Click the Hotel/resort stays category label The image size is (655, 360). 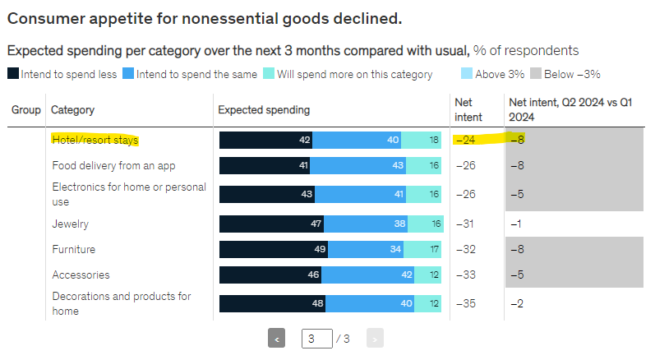click(x=95, y=141)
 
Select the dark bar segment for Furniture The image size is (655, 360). click(x=274, y=249)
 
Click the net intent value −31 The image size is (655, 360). click(x=467, y=224)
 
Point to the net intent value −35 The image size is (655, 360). click(x=467, y=303)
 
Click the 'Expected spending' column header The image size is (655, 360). click(x=264, y=110)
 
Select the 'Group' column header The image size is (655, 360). click(x=26, y=110)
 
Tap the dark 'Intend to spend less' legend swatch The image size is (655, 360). click(x=13, y=75)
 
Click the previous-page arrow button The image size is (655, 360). click(x=277, y=338)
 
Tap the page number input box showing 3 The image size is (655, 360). click(x=316, y=338)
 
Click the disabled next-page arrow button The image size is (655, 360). click(x=375, y=338)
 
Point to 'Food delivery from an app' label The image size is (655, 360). click(x=113, y=166)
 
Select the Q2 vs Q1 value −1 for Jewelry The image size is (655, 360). click(x=517, y=224)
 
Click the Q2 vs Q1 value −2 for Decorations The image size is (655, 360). click(x=517, y=303)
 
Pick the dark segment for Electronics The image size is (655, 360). click(x=266, y=194)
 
